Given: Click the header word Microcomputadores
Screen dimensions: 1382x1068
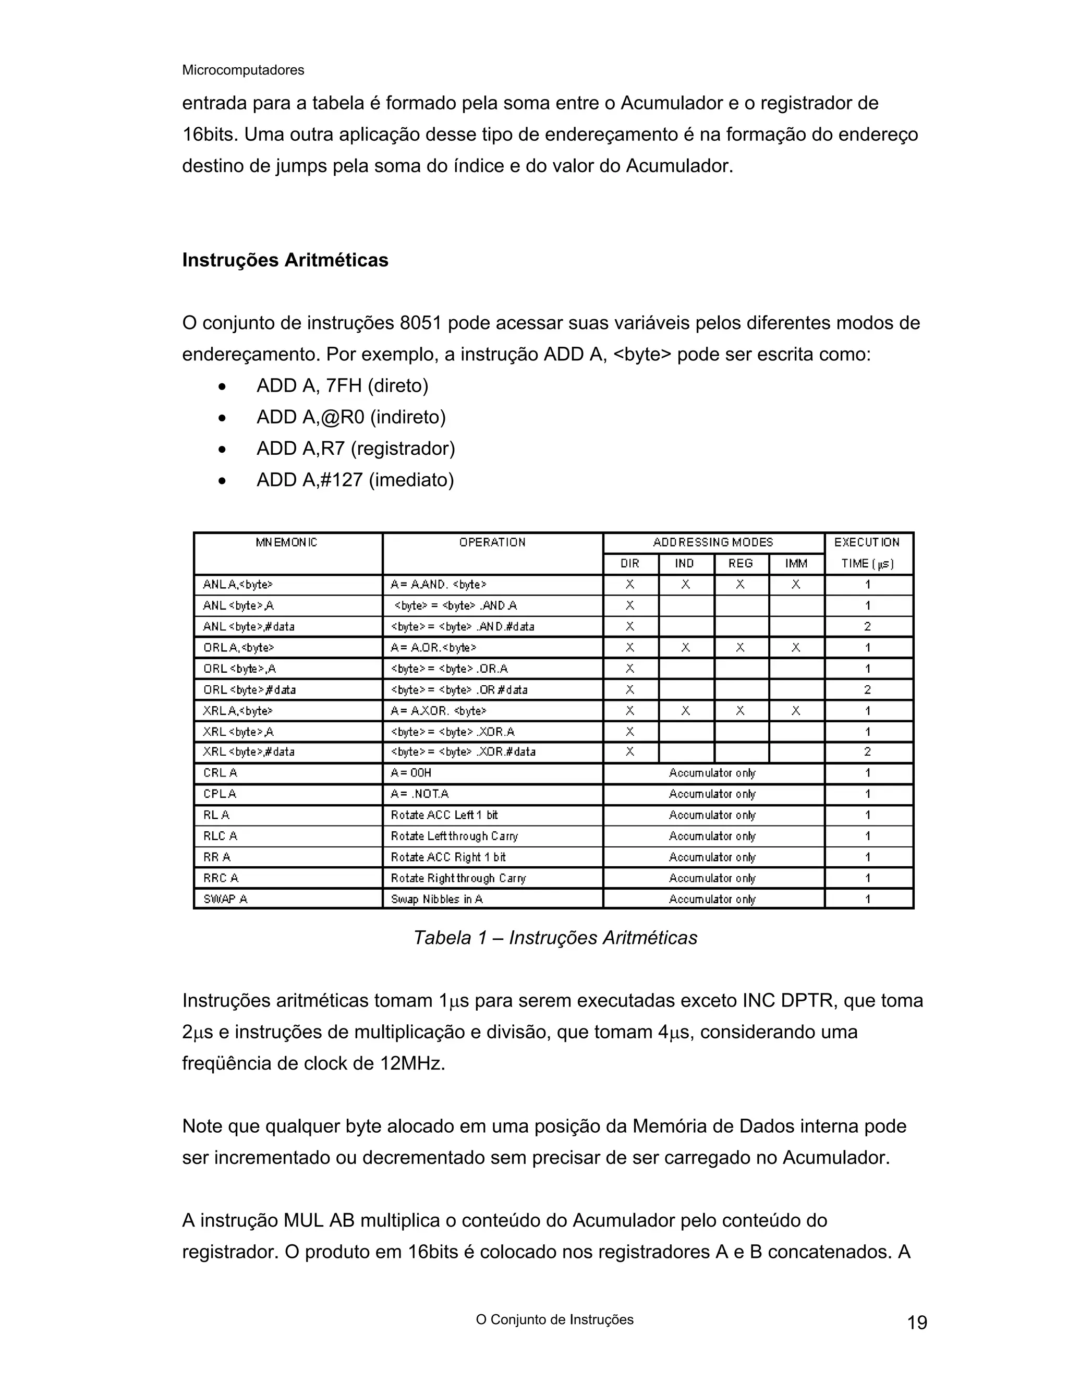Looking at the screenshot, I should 243,70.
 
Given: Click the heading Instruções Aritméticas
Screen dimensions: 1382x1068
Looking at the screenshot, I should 285,260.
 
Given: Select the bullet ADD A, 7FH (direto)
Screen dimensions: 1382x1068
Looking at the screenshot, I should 342,385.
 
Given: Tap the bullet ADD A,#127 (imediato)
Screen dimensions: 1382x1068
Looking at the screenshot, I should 355,480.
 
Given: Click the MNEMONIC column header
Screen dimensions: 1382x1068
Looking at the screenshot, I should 287,542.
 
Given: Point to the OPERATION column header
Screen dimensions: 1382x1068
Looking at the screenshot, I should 492,542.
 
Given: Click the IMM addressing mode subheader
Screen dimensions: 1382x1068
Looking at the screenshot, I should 796,563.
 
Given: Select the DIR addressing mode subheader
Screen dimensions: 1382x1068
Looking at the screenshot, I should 630,563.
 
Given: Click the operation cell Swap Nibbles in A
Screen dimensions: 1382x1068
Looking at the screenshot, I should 436,899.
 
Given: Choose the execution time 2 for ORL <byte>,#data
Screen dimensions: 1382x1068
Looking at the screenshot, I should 867,690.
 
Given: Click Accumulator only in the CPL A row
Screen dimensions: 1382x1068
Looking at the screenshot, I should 712,794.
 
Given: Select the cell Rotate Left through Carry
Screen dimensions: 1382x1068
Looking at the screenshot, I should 454,836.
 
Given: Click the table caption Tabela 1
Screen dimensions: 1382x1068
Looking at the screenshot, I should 555,937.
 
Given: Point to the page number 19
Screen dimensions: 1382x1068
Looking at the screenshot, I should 917,1323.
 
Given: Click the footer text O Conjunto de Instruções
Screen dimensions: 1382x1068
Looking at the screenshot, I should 554,1319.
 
